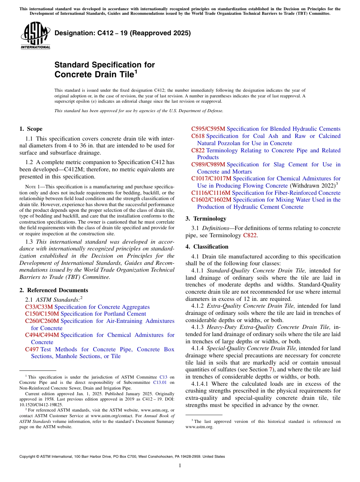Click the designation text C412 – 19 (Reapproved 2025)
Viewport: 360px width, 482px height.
click(x=122, y=33)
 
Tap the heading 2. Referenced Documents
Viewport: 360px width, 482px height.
click(x=53, y=290)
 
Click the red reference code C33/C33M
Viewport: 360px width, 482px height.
click(x=39, y=307)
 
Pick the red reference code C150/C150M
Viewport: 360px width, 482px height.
click(x=42, y=314)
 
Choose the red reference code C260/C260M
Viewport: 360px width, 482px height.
click(x=42, y=321)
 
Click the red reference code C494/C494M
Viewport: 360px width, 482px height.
click(x=42, y=335)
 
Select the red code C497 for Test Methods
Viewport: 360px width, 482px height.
click(x=32, y=349)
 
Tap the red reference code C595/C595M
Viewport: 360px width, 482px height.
click(x=208, y=129)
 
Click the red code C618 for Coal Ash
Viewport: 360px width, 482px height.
click(x=198, y=136)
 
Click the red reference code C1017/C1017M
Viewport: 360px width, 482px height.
click(x=211, y=178)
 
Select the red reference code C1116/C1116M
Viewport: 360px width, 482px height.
click(x=211, y=193)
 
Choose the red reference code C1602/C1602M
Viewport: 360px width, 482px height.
click(x=211, y=200)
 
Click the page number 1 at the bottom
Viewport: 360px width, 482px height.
click(x=180, y=466)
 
